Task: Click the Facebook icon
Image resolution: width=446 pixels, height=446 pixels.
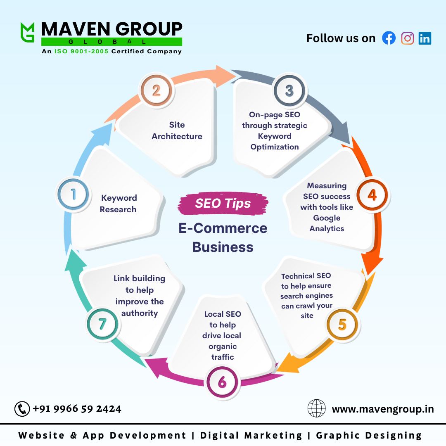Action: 389,38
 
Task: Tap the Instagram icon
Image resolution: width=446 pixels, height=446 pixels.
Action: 407,38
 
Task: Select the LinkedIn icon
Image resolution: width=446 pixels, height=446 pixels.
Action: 425,38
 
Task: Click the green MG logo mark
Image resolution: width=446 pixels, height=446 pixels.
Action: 27,32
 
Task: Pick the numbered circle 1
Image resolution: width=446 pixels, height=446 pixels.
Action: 73,195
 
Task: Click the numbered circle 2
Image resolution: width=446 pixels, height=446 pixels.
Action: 156,90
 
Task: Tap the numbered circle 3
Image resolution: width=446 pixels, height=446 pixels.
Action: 289,90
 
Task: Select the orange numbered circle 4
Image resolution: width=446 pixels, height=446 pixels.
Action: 372,195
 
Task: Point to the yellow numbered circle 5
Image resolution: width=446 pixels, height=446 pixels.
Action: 342,324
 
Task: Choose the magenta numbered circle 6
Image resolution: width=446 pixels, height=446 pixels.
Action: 223,382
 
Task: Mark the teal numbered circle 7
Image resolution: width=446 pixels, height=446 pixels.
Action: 102,324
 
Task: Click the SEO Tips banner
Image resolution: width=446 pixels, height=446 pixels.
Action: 223,203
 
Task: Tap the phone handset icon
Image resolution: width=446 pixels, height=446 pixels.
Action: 22,409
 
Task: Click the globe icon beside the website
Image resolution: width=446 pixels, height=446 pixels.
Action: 317,408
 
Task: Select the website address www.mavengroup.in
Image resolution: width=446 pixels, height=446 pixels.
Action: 383,409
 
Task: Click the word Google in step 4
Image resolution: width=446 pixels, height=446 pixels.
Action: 327,218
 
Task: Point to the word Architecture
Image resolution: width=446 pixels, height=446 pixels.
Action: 177,136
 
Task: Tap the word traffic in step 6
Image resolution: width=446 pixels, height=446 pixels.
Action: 223,357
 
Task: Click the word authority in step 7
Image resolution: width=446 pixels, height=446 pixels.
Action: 140,313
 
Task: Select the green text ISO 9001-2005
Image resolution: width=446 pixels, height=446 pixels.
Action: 81,51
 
